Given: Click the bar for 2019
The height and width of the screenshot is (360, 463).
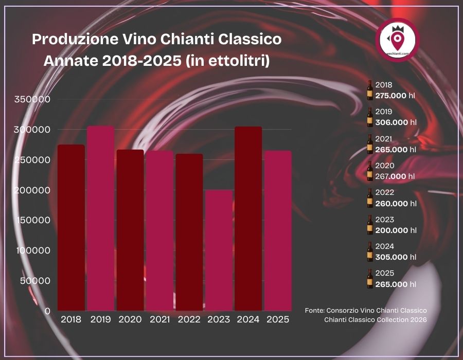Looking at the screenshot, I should tap(100, 219).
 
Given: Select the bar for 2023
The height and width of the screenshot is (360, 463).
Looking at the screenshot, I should tap(219, 250).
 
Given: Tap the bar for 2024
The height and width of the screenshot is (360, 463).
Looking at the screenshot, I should tap(248, 219).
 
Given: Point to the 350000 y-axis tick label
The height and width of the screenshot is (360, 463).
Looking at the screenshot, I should tap(32, 100).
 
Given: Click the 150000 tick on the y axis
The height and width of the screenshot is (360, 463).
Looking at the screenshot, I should tap(32, 221).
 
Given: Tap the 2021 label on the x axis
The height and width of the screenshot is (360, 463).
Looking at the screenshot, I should tap(160, 320).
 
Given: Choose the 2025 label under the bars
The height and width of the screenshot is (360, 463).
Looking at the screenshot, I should tap(278, 320).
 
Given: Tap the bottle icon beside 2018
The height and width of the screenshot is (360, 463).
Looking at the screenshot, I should tap(369, 90).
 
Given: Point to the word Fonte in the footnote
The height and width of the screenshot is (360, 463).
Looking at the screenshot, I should tap(314, 311).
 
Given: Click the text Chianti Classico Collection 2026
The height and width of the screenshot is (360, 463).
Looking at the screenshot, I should tap(375, 320).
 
